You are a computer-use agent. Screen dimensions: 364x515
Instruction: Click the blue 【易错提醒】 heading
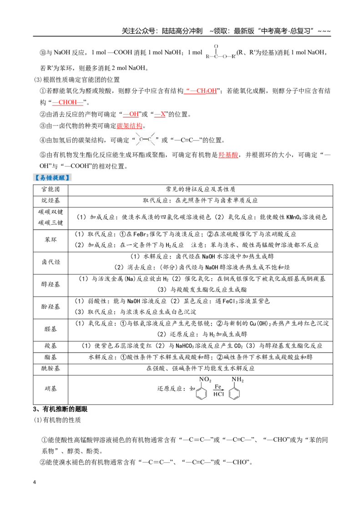pyautogui.click(x=52, y=178)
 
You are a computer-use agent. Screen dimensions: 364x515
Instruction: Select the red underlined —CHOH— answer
pyautogui.click(x=68, y=102)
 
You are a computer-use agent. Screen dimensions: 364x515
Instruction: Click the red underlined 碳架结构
pyautogui.click(x=129, y=126)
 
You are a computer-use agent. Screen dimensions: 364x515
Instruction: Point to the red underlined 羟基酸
pyautogui.click(x=228, y=155)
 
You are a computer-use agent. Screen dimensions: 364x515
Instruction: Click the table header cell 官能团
pyautogui.click(x=51, y=190)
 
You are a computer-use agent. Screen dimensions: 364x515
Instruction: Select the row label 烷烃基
pyautogui.click(x=51, y=201)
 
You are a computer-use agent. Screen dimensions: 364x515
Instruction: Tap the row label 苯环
pyautogui.click(x=51, y=240)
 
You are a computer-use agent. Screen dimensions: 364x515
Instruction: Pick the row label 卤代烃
pyautogui.click(x=51, y=262)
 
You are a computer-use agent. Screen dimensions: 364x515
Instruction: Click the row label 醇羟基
pyautogui.click(x=51, y=284)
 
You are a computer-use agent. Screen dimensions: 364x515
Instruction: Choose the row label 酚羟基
pyautogui.click(x=51, y=307)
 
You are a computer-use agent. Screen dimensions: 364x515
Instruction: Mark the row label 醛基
pyautogui.click(x=51, y=329)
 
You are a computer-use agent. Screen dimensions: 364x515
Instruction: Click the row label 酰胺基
pyautogui.click(x=51, y=369)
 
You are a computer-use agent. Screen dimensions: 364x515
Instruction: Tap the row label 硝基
pyautogui.click(x=51, y=389)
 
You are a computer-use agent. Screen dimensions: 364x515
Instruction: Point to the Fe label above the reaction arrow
pyautogui.click(x=218, y=387)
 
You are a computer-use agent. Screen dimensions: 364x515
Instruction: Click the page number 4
pyautogui.click(x=35, y=482)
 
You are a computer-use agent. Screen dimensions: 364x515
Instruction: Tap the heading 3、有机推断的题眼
pyautogui.click(x=60, y=409)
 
